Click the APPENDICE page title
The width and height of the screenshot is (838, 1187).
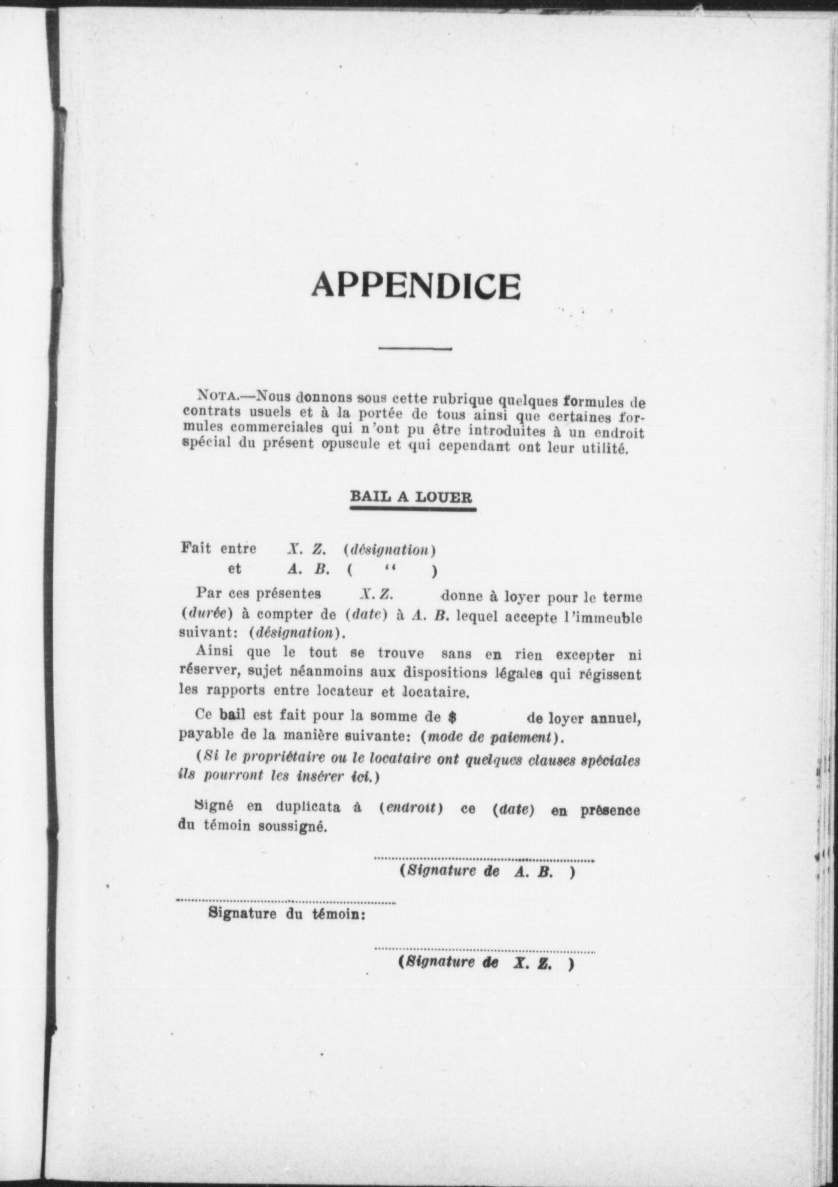pyautogui.click(x=415, y=286)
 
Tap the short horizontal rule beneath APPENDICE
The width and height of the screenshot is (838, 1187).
pyautogui.click(x=415, y=348)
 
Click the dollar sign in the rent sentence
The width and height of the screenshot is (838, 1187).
pyautogui.click(x=453, y=717)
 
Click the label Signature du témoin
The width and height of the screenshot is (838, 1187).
pyautogui.click(x=287, y=914)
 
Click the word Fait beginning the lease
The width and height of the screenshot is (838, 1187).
pyautogui.click(x=196, y=548)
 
